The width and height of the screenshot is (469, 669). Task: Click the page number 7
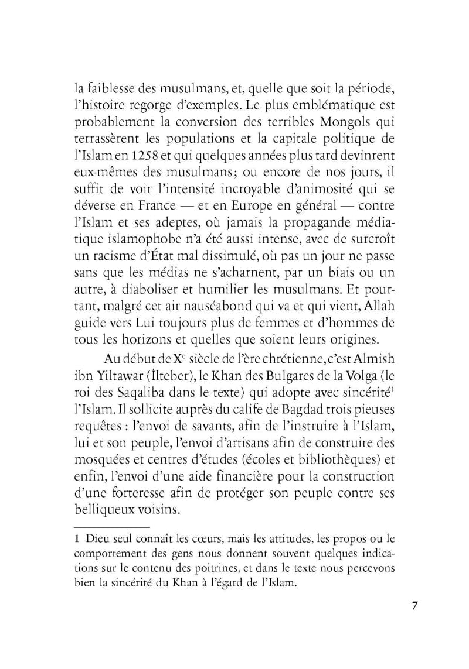point(414,606)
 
